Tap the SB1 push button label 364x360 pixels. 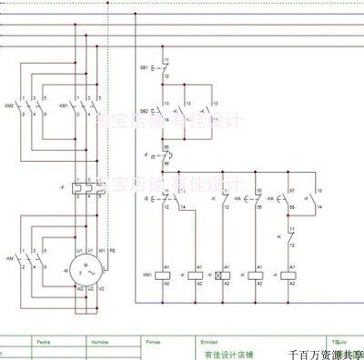click(x=144, y=69)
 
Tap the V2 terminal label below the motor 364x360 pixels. click(x=102, y=290)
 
